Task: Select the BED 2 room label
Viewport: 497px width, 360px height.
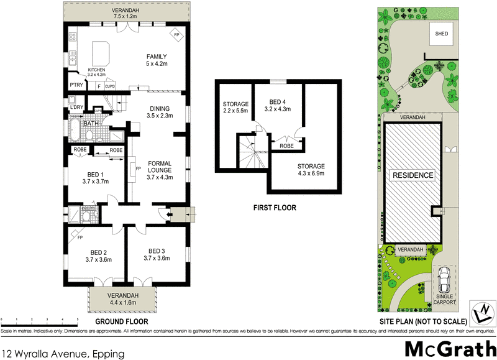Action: tap(97, 255)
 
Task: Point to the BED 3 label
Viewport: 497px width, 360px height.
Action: tap(156, 255)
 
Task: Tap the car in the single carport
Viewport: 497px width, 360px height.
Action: tap(444, 282)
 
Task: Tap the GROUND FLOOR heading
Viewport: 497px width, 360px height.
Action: tap(121, 321)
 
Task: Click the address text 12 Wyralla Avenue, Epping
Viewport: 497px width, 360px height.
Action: tap(62, 353)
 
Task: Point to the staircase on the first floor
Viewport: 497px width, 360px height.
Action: tap(250, 152)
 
